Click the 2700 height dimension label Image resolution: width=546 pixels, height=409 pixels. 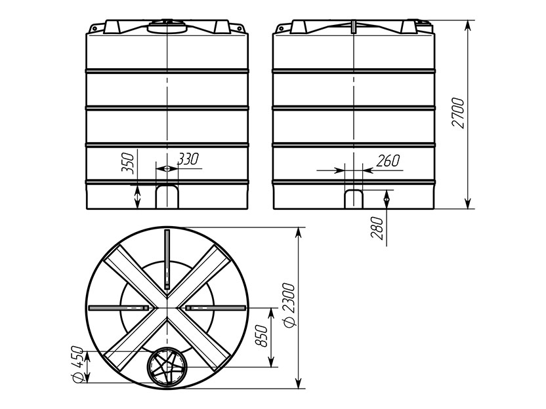point(458,113)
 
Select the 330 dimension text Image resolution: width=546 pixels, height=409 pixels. point(188,159)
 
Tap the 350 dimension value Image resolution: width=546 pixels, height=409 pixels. point(128,163)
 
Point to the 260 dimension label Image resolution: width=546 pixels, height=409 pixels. point(388,161)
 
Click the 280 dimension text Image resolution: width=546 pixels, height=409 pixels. point(377,228)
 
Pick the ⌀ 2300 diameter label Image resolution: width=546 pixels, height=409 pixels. point(289,305)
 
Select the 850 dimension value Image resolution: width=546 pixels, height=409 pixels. point(261,336)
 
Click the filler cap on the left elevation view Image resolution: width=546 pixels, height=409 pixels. point(167,26)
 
